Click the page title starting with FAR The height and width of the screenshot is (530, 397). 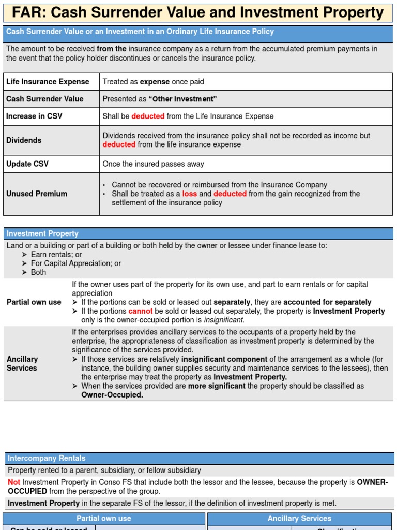pyautogui.click(x=198, y=12)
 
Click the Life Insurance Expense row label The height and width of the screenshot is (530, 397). pyautogui.click(x=48, y=82)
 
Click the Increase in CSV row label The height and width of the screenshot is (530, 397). pyautogui.click(x=34, y=116)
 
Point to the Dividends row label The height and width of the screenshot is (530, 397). pyautogui.click(x=24, y=140)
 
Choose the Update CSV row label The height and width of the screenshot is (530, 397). pyautogui.click(x=27, y=164)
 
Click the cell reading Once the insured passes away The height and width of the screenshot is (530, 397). pyautogui.click(x=153, y=164)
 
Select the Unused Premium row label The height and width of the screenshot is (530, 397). pyautogui.click(x=37, y=194)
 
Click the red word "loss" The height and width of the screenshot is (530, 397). pyautogui.click(x=190, y=194)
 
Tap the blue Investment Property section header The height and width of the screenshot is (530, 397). pyautogui.click(x=42, y=234)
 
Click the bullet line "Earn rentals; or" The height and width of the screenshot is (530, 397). pyautogui.click(x=56, y=255)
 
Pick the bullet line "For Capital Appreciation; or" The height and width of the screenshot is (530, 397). pyautogui.click(x=75, y=263)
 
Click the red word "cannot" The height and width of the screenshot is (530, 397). pyautogui.click(x=141, y=311)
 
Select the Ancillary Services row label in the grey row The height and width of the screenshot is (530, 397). pyautogui.click(x=22, y=363)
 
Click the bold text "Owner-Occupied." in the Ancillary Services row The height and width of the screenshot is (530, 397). pyautogui.click(x=112, y=395)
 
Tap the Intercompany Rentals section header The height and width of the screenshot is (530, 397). pyautogui.click(x=46, y=458)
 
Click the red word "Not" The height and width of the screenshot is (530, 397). pyautogui.click(x=14, y=482)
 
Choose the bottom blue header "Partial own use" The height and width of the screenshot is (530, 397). pyautogui.click(x=104, y=518)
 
